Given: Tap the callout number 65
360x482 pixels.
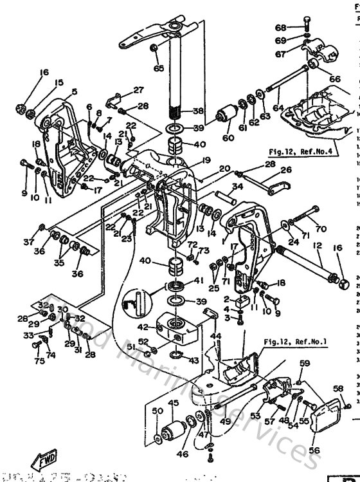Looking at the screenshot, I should tap(158, 68).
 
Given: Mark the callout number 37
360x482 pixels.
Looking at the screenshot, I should tap(28, 242).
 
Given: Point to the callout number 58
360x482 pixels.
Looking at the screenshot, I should tap(339, 389).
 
